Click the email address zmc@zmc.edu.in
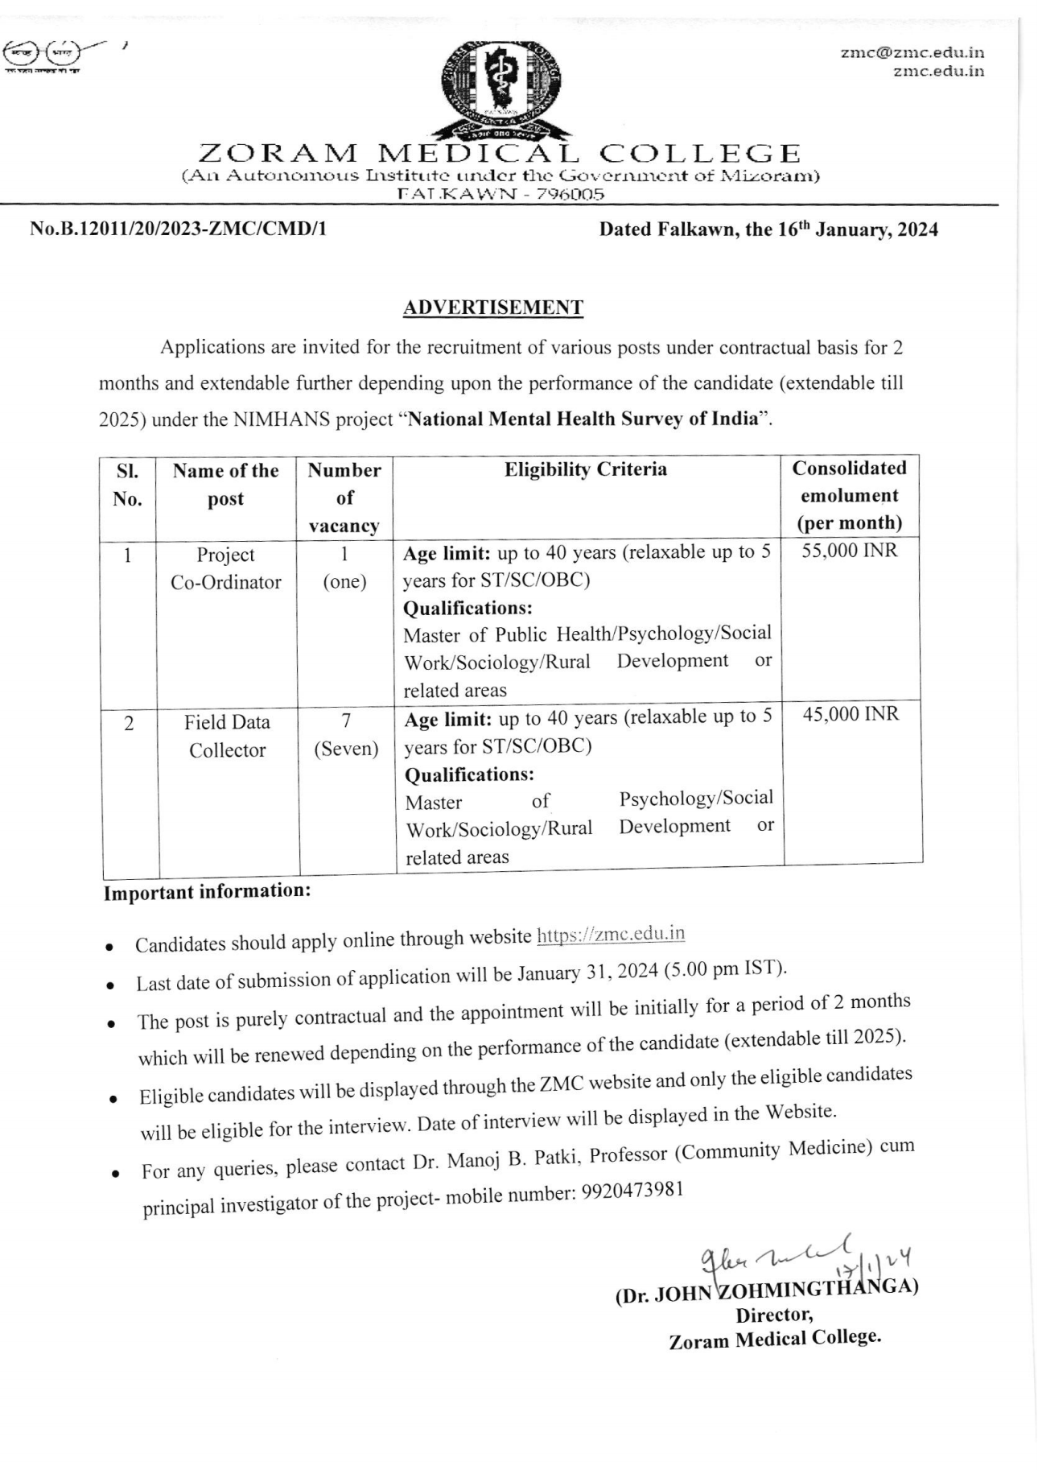(x=912, y=53)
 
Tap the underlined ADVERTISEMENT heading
(x=492, y=308)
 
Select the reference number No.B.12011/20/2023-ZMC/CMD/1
(x=179, y=229)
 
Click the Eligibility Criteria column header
(x=586, y=469)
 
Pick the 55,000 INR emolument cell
(x=849, y=551)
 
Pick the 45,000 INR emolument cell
(x=851, y=714)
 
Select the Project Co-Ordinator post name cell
(x=226, y=568)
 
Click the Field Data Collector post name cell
(x=227, y=736)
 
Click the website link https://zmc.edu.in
(x=610, y=934)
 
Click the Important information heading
(x=207, y=892)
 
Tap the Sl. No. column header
(x=127, y=485)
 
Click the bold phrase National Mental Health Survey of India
(x=583, y=419)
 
